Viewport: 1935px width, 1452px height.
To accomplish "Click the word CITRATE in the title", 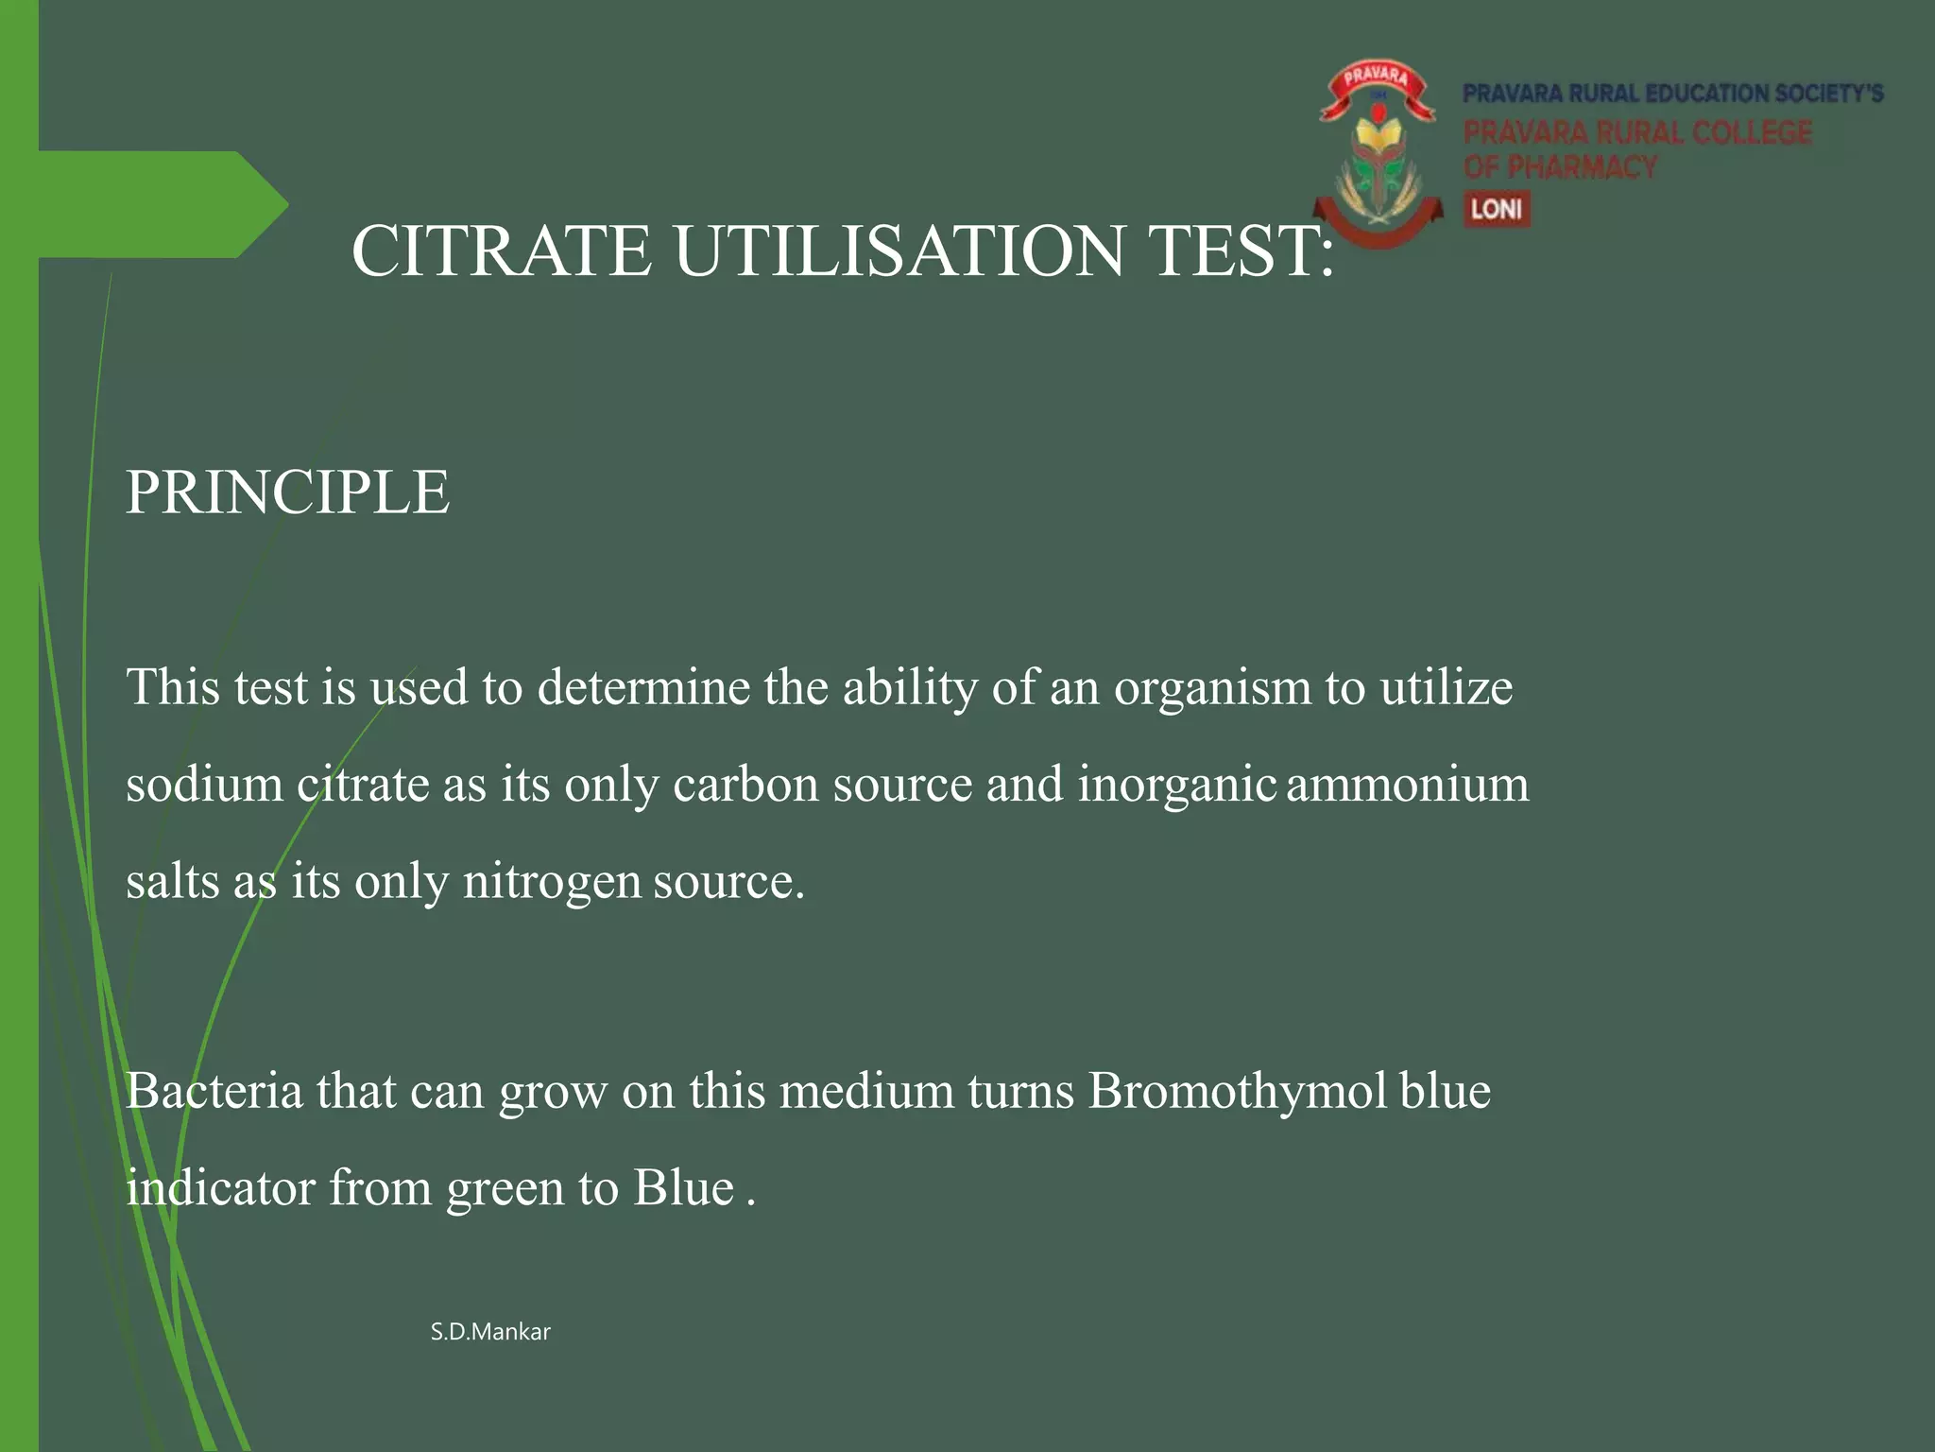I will [x=502, y=251].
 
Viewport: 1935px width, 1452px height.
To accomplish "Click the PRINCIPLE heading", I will [x=287, y=493].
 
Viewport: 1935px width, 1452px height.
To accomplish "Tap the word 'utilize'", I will [x=1446, y=687].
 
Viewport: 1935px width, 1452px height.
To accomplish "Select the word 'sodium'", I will [x=204, y=785].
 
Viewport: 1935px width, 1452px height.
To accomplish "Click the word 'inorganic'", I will [x=1177, y=785].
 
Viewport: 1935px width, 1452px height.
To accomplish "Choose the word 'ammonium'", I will [x=1408, y=785].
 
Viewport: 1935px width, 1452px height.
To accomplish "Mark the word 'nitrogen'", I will [x=552, y=882].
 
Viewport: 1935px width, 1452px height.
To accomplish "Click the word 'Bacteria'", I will [x=214, y=1091].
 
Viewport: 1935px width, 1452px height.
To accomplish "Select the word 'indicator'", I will [x=220, y=1188].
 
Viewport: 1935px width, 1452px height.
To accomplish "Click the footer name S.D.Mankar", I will [x=490, y=1332].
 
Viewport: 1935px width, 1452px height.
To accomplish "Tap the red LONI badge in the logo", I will [x=1497, y=209].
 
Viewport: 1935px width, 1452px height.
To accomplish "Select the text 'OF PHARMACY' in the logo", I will [x=1560, y=167].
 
